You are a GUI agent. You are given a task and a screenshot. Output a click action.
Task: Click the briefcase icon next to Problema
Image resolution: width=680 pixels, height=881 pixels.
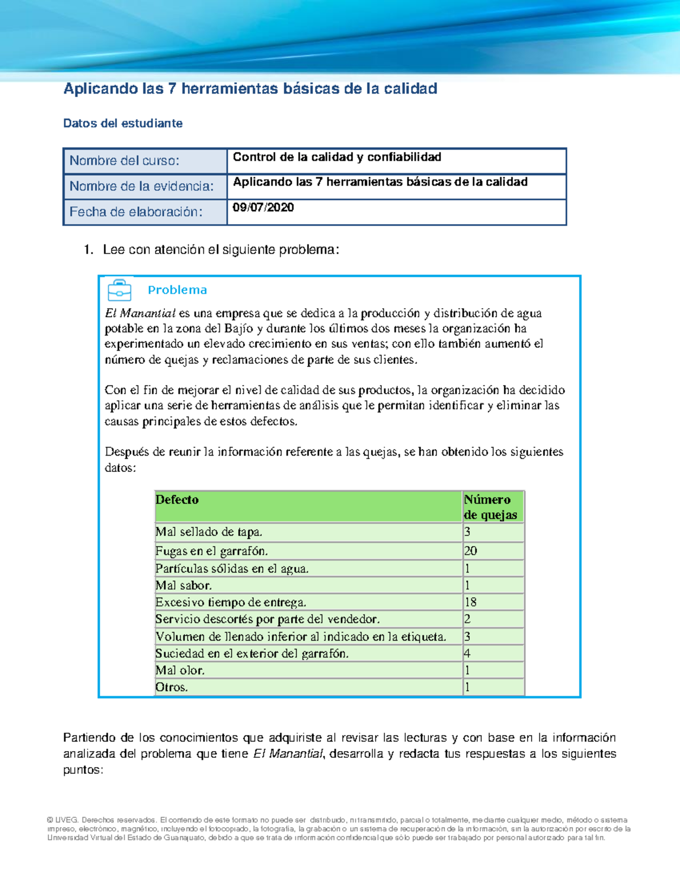pos(120,290)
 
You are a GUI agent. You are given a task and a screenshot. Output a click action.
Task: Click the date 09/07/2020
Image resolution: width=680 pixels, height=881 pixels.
pos(263,208)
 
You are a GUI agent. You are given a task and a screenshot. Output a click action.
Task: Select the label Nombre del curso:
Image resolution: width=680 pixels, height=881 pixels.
pos(124,161)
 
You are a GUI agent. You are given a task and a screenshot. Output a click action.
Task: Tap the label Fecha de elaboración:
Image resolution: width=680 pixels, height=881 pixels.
pos(135,212)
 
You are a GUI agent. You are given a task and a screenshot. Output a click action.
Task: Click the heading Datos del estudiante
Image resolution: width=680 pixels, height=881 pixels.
pos(122,124)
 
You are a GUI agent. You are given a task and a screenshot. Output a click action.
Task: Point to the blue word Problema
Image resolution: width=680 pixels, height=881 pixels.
pos(177,290)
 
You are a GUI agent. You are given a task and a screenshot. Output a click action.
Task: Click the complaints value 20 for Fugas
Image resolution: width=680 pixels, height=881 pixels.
pos(470,551)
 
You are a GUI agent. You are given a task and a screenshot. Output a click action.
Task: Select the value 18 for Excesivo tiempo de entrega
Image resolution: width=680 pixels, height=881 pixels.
pos(470,602)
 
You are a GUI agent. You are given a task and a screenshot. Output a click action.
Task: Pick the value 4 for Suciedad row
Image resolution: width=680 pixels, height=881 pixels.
pos(467,653)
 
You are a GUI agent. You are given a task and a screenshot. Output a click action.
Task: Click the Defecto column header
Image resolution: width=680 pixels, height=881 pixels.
pos(177,500)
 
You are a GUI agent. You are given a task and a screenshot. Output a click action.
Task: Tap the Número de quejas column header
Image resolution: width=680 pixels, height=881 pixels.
pos(490,507)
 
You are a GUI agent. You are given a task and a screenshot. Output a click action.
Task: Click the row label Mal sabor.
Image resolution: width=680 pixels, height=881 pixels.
pos(184,585)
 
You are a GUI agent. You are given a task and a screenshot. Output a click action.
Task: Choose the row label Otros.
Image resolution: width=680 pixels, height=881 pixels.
pos(172,687)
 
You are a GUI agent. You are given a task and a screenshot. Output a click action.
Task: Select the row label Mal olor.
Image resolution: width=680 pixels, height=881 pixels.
pos(180,670)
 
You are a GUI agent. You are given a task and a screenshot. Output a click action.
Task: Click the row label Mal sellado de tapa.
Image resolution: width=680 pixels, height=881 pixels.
pos(209,532)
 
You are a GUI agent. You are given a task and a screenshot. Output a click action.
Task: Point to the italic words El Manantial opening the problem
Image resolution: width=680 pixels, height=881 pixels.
pos(140,313)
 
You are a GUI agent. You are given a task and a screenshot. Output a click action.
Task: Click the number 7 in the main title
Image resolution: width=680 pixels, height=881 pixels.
pos(172,89)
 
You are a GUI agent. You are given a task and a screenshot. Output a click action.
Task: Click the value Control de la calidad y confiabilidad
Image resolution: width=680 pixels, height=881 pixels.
pos(337,157)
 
